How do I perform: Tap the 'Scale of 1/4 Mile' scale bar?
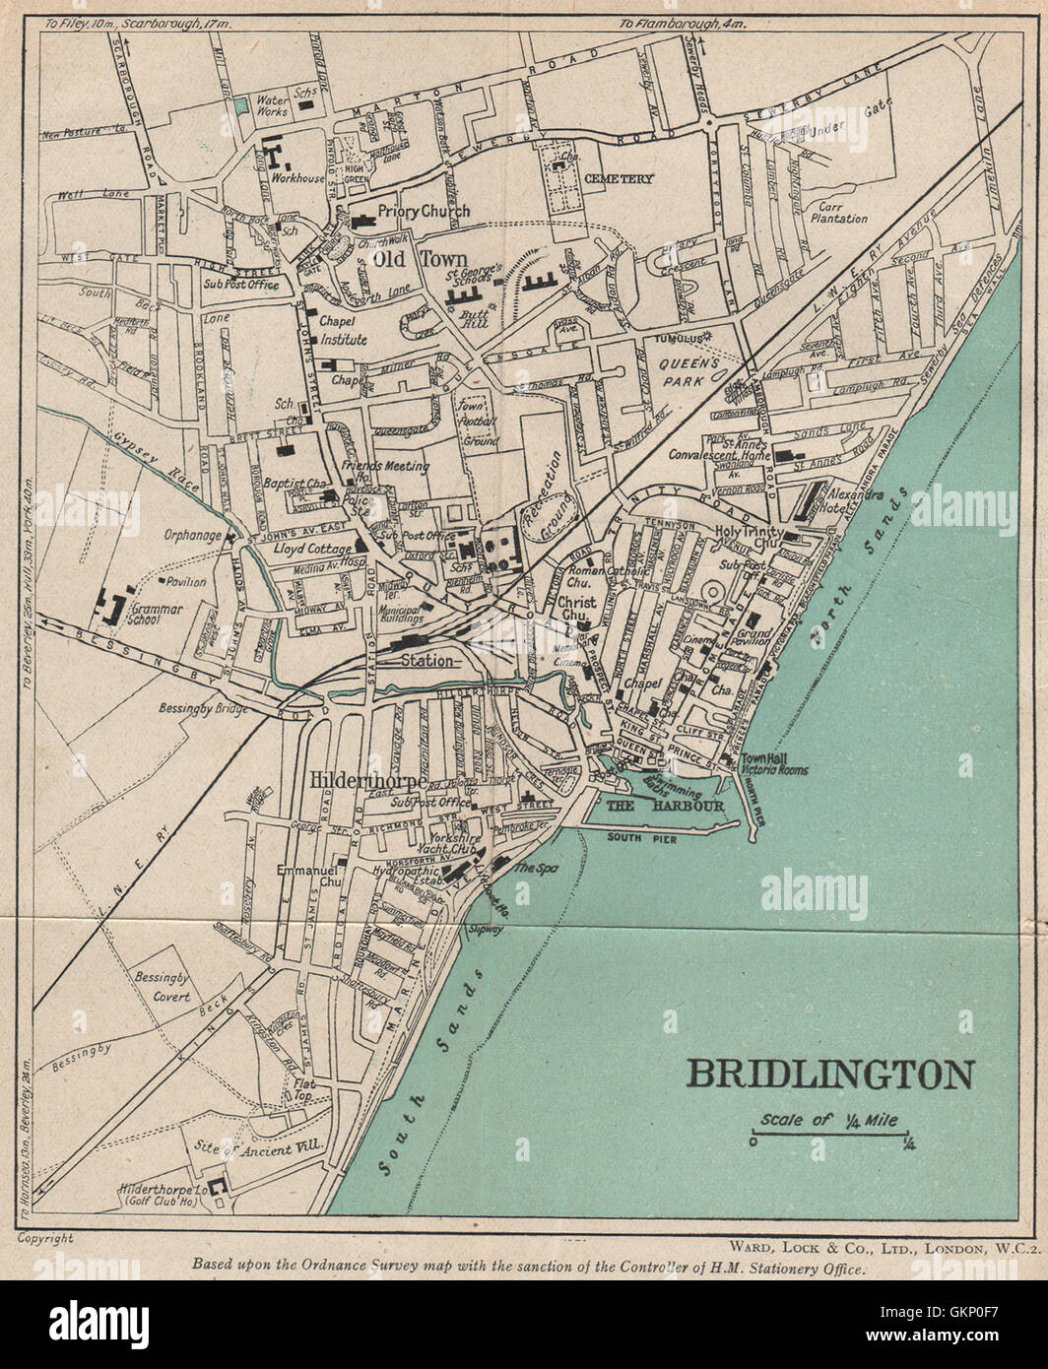833,1130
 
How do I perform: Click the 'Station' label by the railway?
426,661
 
